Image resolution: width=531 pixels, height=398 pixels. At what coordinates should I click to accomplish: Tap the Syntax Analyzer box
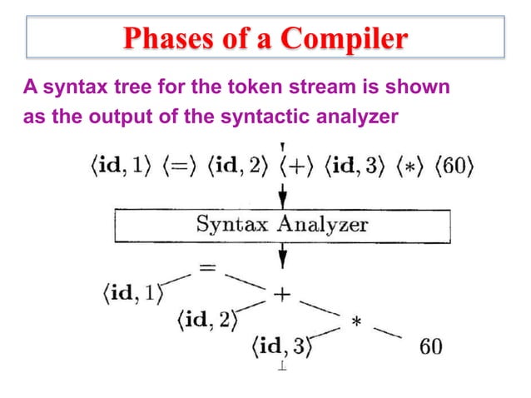tap(282, 224)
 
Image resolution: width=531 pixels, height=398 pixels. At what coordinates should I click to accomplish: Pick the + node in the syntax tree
tap(282, 293)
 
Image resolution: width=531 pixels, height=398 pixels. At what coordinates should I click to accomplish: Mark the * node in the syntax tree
tap(356, 321)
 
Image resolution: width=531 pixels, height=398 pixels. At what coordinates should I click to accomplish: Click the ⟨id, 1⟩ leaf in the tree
tap(129, 293)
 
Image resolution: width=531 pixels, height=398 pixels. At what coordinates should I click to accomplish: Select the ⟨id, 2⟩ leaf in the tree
tap(206, 320)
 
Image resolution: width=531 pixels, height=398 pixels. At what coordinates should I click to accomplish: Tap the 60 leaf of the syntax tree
tap(430, 346)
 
